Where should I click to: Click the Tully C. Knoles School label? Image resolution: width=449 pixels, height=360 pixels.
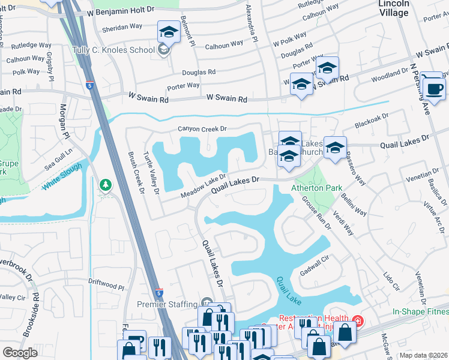(x=113, y=50)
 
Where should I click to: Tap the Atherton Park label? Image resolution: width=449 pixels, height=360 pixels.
(x=316, y=188)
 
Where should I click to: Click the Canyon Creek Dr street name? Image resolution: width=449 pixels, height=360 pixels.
(x=202, y=128)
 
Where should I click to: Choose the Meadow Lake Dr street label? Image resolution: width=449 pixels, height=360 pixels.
(x=203, y=186)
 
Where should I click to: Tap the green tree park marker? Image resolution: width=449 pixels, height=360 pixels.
(x=106, y=185)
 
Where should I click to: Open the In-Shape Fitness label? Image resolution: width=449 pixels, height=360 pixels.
(x=420, y=312)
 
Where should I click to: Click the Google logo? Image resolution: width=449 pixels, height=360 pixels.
(x=20, y=353)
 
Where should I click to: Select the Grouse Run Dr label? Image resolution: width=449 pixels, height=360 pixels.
(x=316, y=212)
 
